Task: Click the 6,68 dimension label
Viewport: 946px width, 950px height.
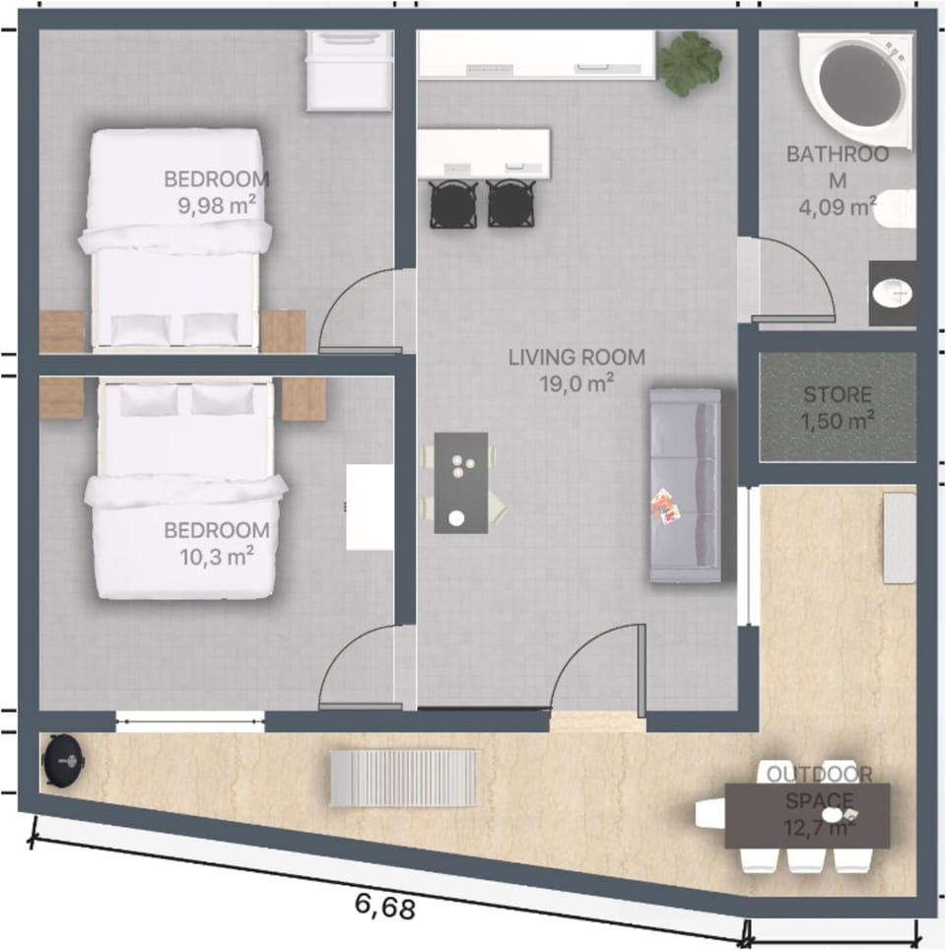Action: point(381,905)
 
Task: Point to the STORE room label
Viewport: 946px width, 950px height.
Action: point(837,395)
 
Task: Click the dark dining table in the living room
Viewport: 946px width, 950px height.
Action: point(460,483)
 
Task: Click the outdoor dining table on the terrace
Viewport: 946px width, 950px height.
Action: point(807,815)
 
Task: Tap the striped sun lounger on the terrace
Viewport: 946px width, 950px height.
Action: point(403,778)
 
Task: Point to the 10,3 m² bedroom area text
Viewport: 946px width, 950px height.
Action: point(217,556)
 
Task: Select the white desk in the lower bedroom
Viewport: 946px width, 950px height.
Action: point(370,507)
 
